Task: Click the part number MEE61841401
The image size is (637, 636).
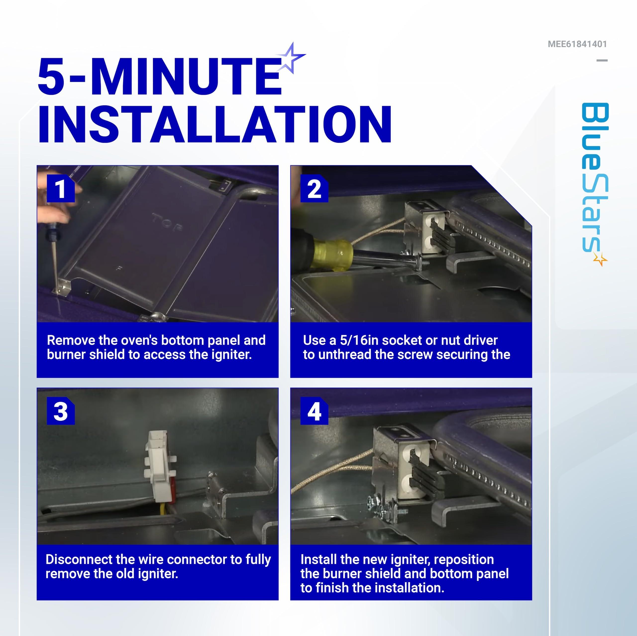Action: (577, 44)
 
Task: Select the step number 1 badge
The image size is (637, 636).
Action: (61, 188)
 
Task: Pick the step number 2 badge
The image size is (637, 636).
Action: (314, 188)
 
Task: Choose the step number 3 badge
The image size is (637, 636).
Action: (61, 411)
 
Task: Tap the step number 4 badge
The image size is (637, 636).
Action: (314, 411)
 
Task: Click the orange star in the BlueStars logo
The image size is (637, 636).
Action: (600, 259)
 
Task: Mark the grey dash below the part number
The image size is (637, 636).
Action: (602, 60)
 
